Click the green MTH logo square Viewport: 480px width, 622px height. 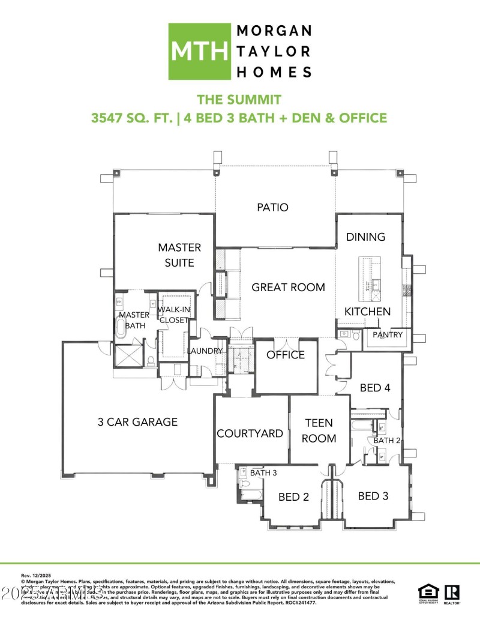tap(199, 52)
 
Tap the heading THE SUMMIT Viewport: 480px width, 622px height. tap(239, 99)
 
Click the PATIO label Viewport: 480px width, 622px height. tap(272, 207)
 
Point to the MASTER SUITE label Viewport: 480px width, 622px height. tap(179, 255)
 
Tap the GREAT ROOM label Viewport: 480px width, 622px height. tap(288, 287)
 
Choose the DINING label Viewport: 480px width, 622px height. tap(365, 237)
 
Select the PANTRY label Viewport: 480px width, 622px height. tap(388, 334)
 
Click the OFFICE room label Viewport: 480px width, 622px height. tap(286, 354)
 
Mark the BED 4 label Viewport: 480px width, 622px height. tap(375, 387)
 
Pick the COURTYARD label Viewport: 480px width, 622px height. tap(250, 433)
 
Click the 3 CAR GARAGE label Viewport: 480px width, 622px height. tap(137, 421)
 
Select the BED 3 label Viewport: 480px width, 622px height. tap(373, 495)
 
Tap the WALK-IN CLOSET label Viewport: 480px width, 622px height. tap(173, 315)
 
